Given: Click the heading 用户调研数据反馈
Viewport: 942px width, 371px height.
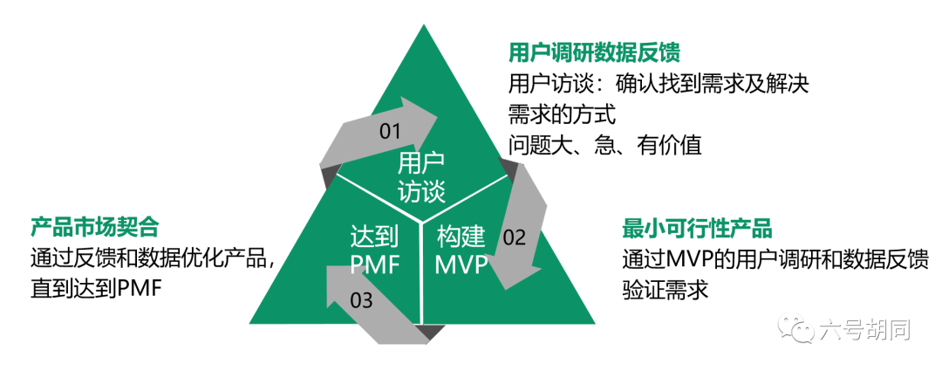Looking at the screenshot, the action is (x=594, y=52).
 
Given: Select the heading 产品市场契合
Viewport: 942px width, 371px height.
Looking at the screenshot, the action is (x=94, y=228).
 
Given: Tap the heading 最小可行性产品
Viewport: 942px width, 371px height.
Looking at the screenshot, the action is (x=696, y=229).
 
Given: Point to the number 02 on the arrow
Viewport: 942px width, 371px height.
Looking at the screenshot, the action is (x=514, y=237).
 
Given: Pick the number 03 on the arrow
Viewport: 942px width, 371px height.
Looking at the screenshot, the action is (x=361, y=300).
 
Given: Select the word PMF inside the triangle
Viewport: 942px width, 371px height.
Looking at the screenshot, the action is (x=375, y=265).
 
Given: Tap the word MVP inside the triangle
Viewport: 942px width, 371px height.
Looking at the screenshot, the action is (x=461, y=265).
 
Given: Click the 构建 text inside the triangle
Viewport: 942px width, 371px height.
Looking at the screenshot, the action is (x=461, y=237).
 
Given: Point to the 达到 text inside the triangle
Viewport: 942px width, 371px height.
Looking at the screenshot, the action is (x=375, y=237).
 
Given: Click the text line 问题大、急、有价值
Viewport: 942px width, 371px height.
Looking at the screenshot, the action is (x=605, y=145).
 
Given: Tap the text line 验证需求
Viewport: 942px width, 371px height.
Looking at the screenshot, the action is (x=665, y=291).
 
